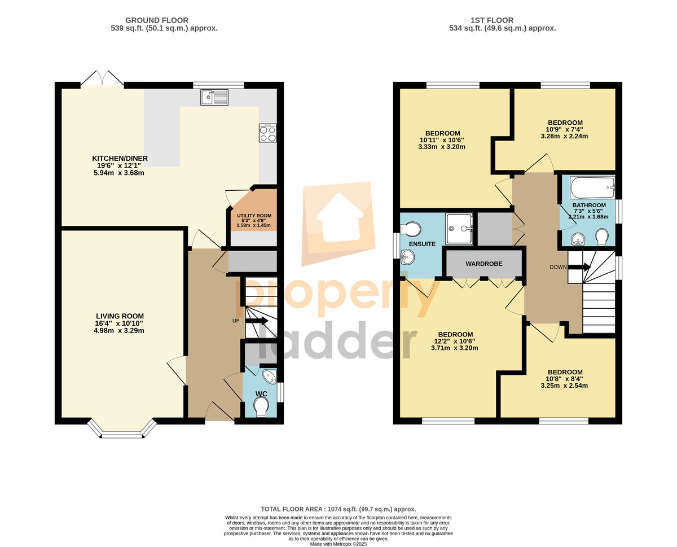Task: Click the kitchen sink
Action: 214,97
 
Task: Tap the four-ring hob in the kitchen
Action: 267,133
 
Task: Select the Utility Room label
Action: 254,216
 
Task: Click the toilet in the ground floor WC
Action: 261,408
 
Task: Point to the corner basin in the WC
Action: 270,376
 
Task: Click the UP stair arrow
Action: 257,321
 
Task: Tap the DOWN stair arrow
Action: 579,267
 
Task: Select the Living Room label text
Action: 120,316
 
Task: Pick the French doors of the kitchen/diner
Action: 102,78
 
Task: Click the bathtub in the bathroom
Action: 592,187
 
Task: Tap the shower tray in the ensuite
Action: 459,229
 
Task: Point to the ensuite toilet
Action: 411,229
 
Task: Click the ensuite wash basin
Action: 407,257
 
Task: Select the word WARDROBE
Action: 483,264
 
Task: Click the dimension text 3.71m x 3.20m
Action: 455,348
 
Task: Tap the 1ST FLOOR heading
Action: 492,20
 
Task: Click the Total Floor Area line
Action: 338,509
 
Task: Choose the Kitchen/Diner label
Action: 120,159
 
